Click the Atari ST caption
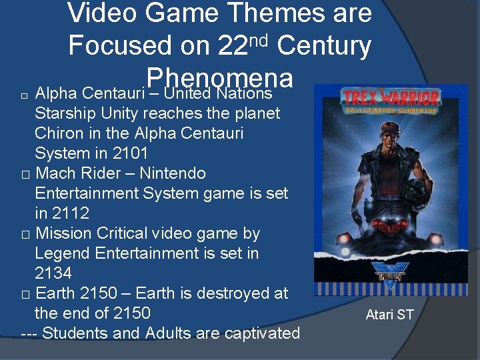pyautogui.click(x=389, y=314)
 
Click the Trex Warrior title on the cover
pyautogui.click(x=391, y=98)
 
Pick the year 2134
pyautogui.click(x=53, y=273)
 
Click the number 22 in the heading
pyautogui.click(x=233, y=45)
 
